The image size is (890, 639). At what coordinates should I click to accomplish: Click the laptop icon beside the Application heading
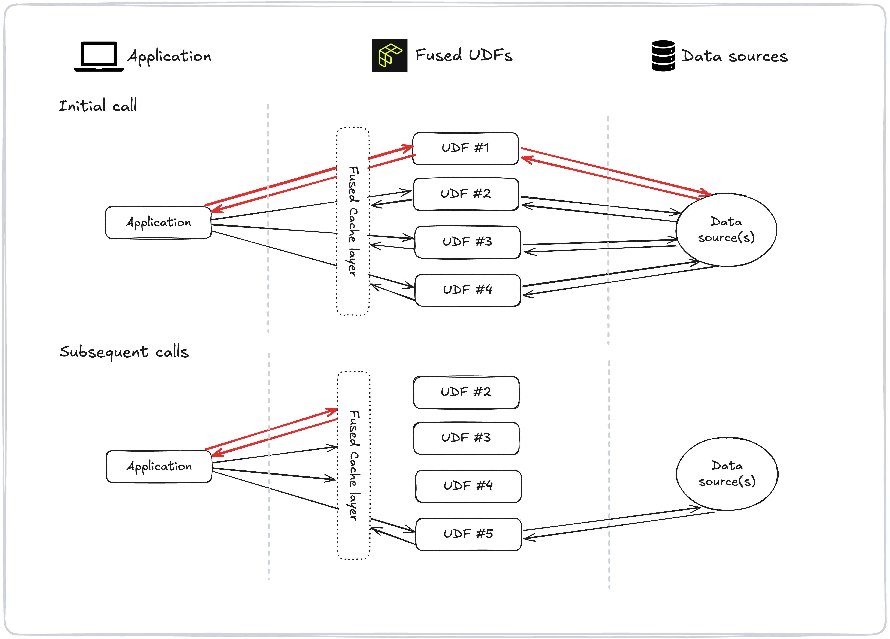pyautogui.click(x=99, y=56)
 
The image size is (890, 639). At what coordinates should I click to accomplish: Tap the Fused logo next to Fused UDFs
pyautogui.click(x=389, y=56)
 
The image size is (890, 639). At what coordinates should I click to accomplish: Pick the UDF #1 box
pyautogui.click(x=465, y=148)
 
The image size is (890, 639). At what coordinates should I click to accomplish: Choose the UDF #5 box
pyautogui.click(x=468, y=534)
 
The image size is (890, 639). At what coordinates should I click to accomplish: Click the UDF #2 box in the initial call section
pyautogui.click(x=466, y=194)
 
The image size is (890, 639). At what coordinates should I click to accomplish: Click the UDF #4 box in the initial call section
pyautogui.click(x=467, y=290)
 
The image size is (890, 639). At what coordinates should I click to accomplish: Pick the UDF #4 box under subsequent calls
pyautogui.click(x=468, y=486)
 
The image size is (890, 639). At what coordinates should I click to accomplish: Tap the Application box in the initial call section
pyautogui.click(x=158, y=222)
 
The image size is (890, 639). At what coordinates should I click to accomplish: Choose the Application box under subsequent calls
pyautogui.click(x=159, y=466)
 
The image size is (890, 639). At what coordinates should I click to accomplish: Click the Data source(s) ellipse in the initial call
pyautogui.click(x=726, y=230)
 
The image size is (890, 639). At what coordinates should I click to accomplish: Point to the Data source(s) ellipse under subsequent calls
pyautogui.click(x=727, y=473)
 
